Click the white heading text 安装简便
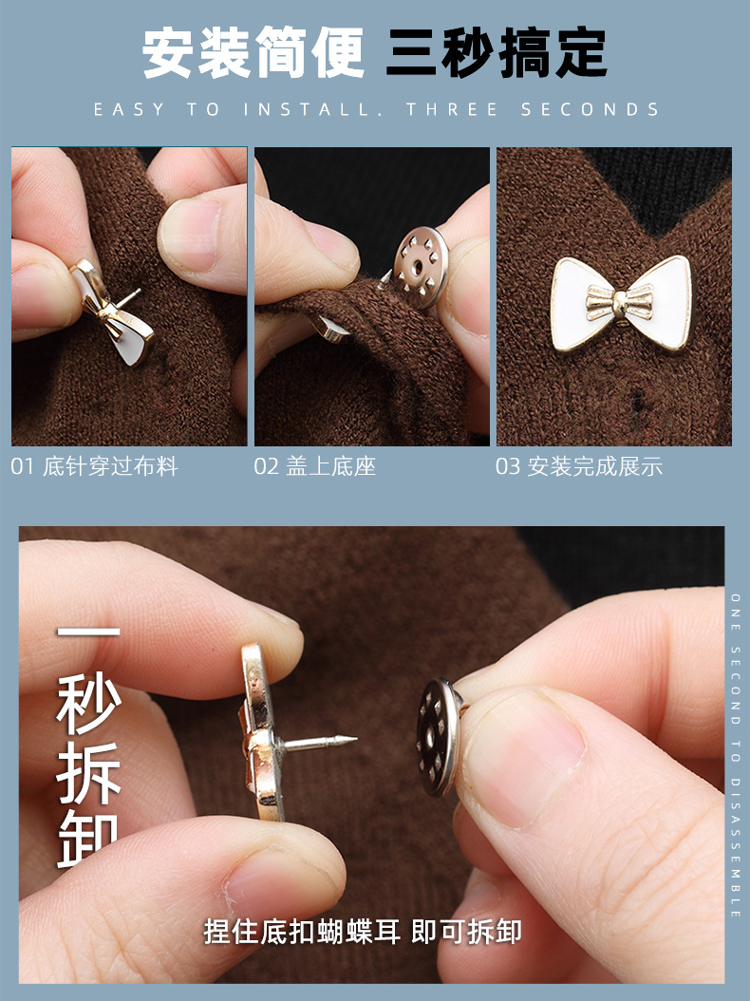click(x=253, y=52)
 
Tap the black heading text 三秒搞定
click(x=496, y=52)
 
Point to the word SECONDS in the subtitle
click(x=590, y=110)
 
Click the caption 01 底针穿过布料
click(x=95, y=467)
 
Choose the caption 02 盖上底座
click(x=314, y=467)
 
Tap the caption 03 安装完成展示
click(x=578, y=467)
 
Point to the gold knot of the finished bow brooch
click(x=618, y=303)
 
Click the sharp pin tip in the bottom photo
click(x=352, y=738)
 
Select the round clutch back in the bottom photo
click(x=439, y=735)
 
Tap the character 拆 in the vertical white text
click(x=89, y=772)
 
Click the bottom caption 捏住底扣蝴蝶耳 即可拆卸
click(x=363, y=932)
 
